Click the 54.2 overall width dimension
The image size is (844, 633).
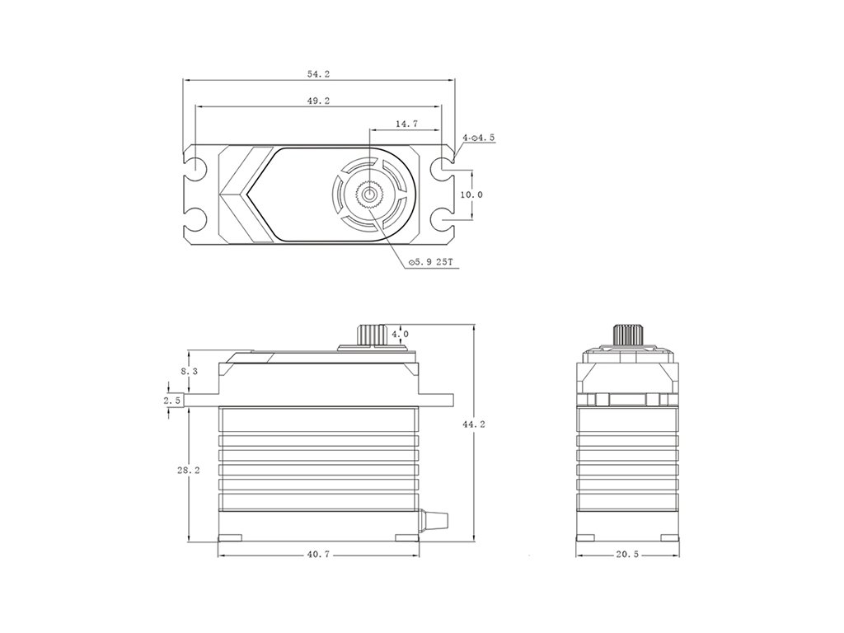(x=318, y=74)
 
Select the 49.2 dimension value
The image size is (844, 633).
(x=318, y=101)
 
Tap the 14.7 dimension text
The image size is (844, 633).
(x=406, y=124)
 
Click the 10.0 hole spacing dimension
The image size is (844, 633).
(x=472, y=195)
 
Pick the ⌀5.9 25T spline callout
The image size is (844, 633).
(x=430, y=262)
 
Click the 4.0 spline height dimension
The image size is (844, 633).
(x=400, y=335)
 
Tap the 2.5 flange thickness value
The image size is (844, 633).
(x=171, y=401)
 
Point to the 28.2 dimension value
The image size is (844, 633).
(x=189, y=470)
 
